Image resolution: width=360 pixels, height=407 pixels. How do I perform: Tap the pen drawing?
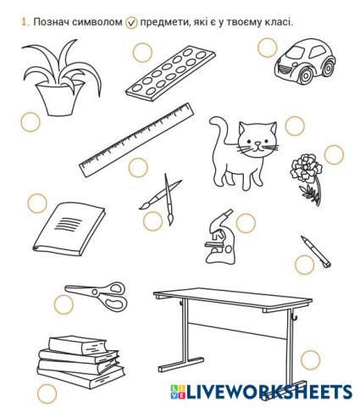point(314,251)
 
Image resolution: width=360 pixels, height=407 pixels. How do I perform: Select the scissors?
point(97,296)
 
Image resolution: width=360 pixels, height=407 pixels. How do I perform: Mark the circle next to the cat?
point(294,125)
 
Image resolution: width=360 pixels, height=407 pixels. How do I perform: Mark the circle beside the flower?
point(334,154)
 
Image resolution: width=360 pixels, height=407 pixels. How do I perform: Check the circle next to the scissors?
point(64,304)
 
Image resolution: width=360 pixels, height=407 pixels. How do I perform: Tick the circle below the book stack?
point(47,393)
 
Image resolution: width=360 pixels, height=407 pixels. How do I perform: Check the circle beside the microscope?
point(246,223)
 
